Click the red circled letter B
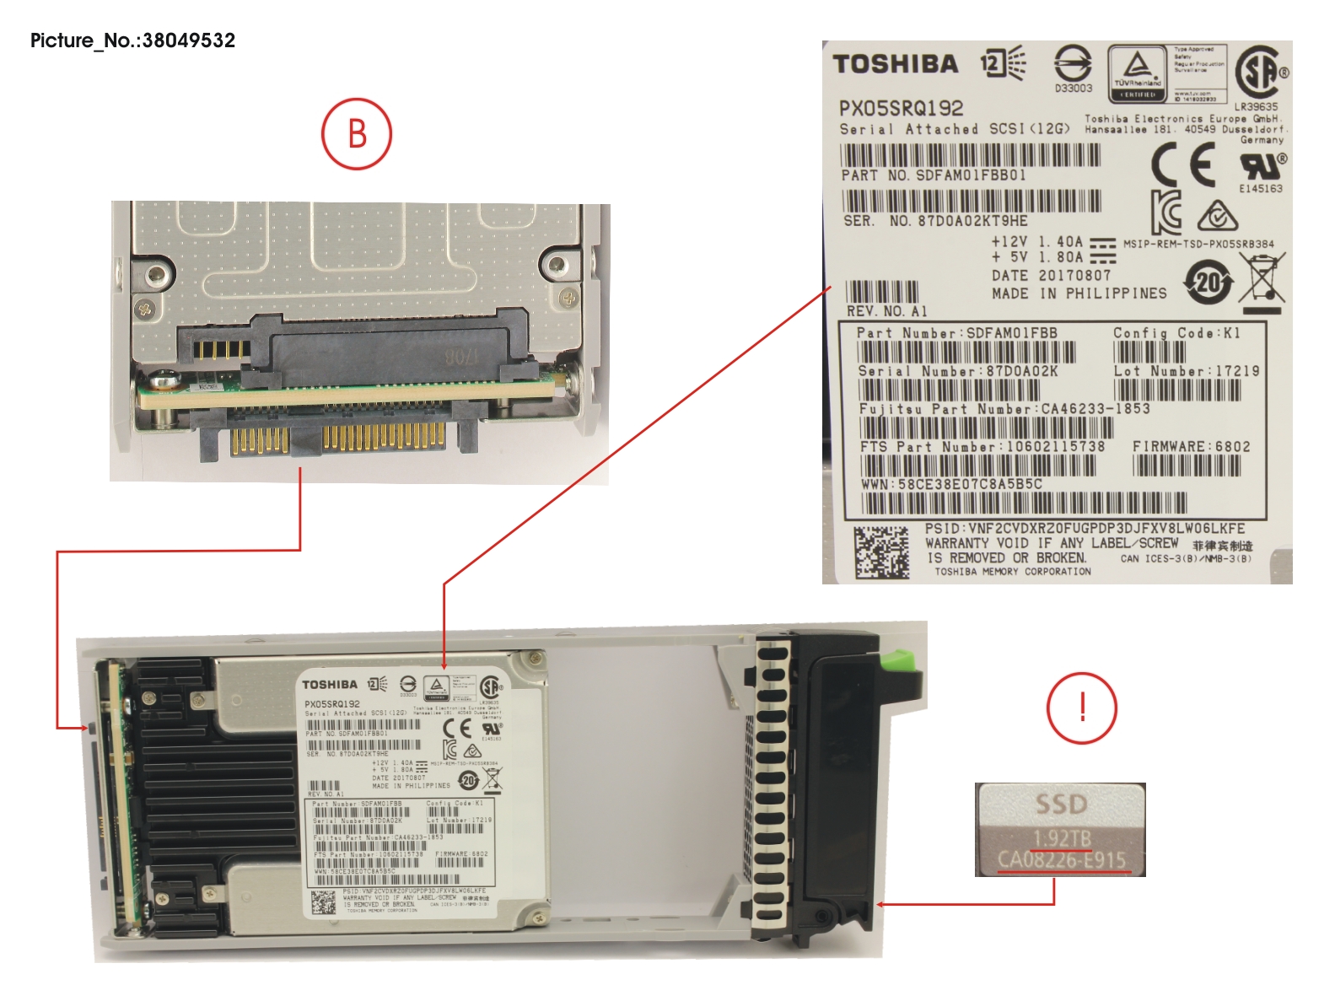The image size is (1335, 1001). pyautogui.click(x=357, y=134)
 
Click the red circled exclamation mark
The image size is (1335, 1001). pyautogui.click(x=1082, y=708)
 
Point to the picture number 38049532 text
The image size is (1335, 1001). pyautogui.click(x=133, y=40)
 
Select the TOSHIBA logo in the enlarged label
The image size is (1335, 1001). pyautogui.click(x=896, y=64)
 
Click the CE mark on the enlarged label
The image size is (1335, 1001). pyautogui.click(x=1184, y=164)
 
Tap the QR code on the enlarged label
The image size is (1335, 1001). pyautogui.click(x=882, y=552)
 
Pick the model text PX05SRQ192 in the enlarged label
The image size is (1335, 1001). pyautogui.click(x=901, y=108)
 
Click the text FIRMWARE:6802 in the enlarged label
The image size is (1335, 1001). pyautogui.click(x=1191, y=446)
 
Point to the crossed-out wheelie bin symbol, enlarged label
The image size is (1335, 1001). pyautogui.click(x=1262, y=278)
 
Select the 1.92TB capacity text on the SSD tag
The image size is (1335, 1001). pyautogui.click(x=1062, y=838)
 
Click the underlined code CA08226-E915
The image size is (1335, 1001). pyautogui.click(x=1062, y=859)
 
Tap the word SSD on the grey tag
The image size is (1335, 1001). pyautogui.click(x=1061, y=804)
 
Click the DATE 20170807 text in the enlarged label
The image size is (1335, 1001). pyautogui.click(x=1051, y=276)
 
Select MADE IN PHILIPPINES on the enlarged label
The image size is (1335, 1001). pyautogui.click(x=1079, y=293)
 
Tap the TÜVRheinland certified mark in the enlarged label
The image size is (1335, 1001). pyautogui.click(x=1137, y=73)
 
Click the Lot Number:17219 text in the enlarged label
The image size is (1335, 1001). pyautogui.click(x=1186, y=371)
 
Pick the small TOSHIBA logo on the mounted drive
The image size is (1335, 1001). pyautogui.click(x=330, y=684)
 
